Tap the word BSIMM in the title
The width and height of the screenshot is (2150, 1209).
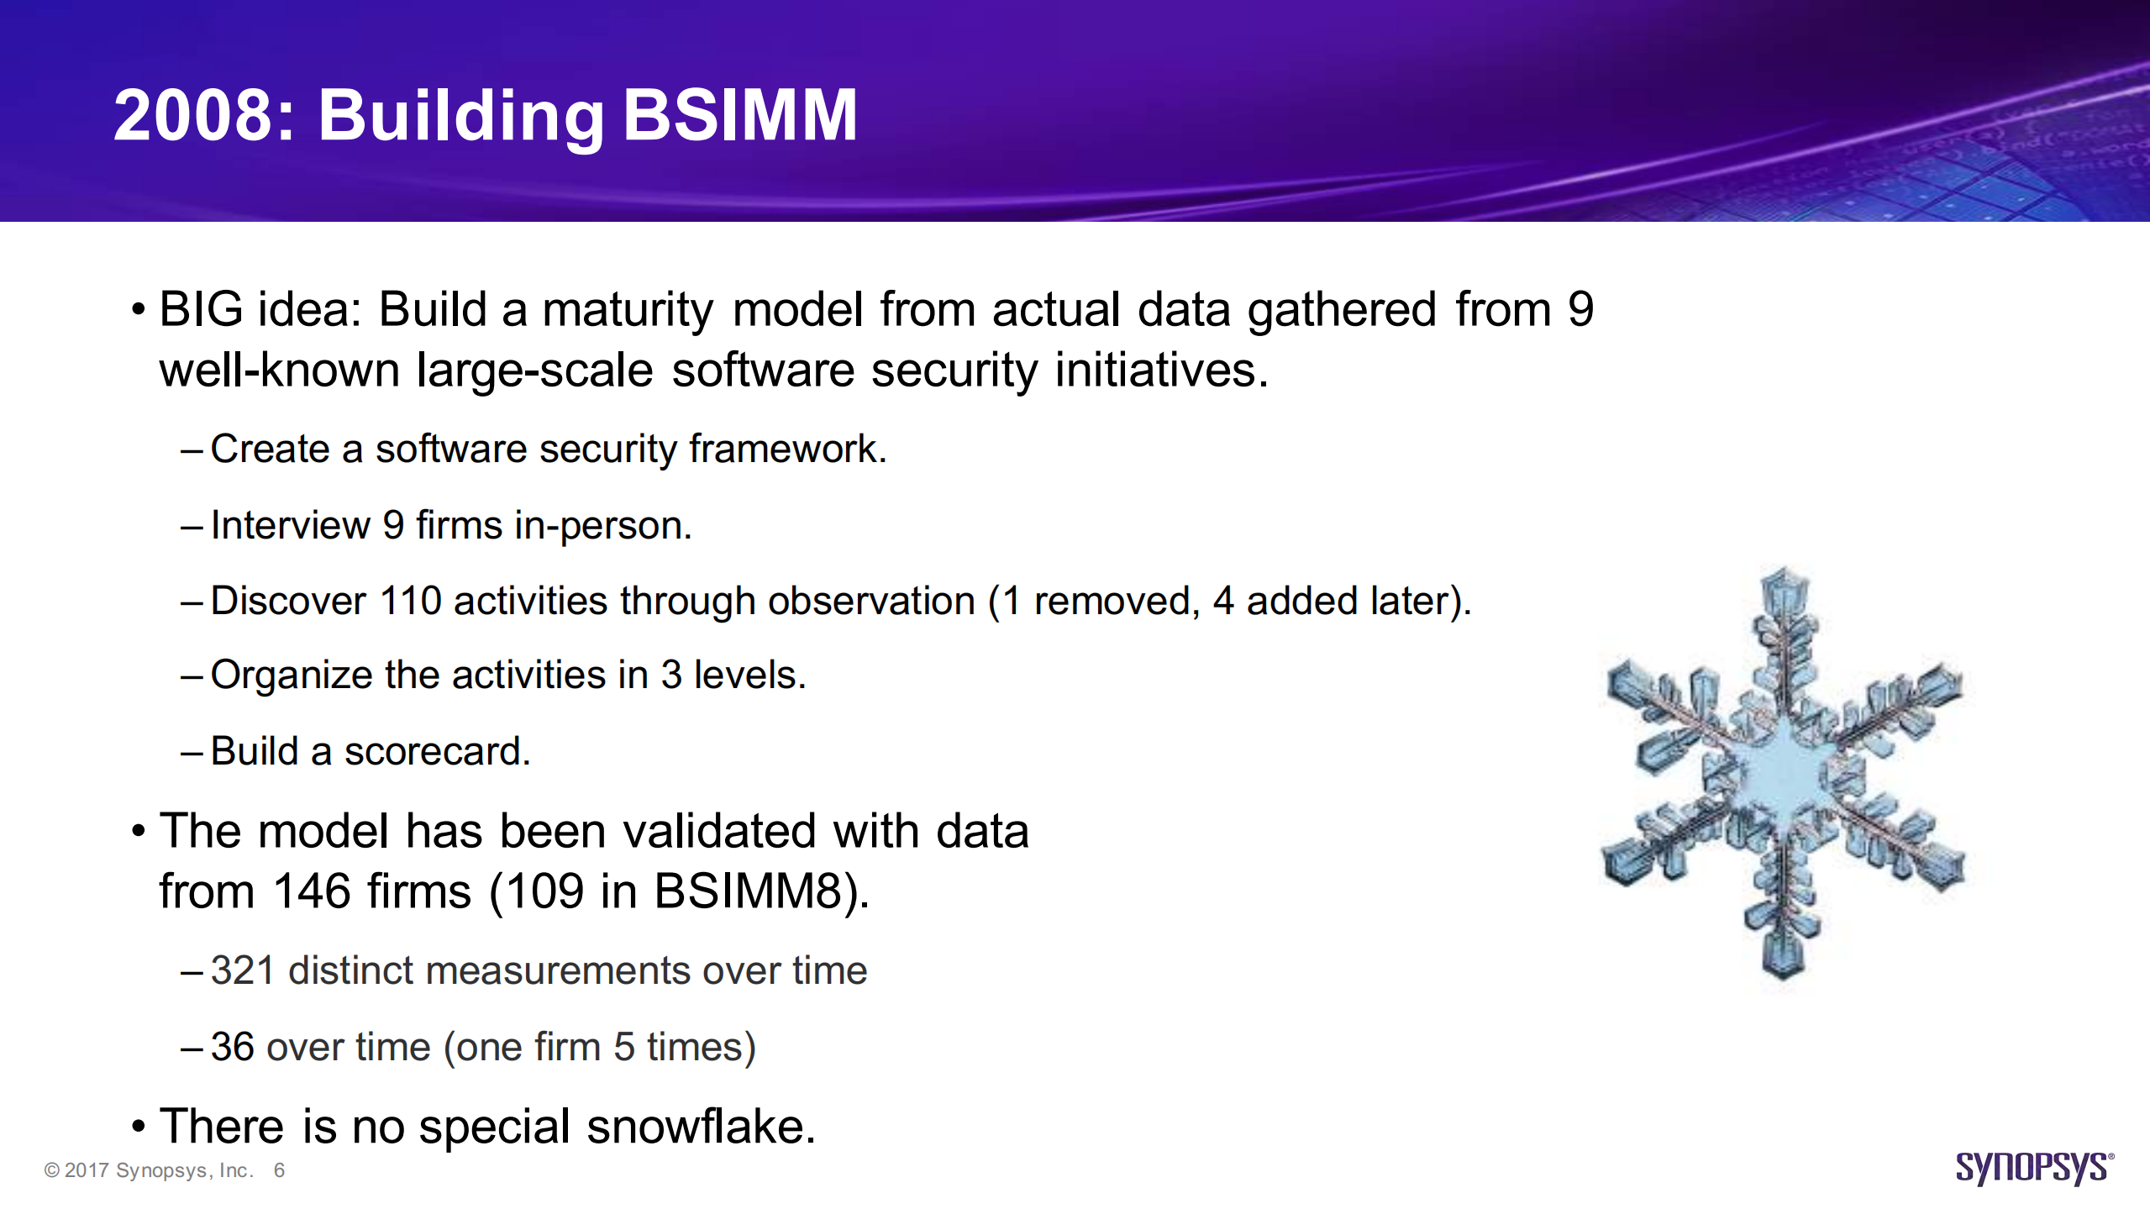[740, 115]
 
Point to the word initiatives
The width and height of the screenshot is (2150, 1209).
[1161, 371]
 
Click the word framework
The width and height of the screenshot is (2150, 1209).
[787, 449]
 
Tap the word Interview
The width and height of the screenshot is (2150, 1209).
[291, 525]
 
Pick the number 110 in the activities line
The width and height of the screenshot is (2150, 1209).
[411, 602]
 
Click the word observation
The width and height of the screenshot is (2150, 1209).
[871, 602]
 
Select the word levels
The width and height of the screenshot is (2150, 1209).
[749, 675]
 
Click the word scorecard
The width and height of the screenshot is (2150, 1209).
[437, 752]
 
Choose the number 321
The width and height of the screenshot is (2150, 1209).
[243, 971]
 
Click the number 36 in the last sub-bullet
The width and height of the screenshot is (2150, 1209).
[233, 1048]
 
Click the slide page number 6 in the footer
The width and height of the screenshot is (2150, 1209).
[279, 1170]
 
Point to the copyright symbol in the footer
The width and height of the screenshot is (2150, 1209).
[52, 1170]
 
